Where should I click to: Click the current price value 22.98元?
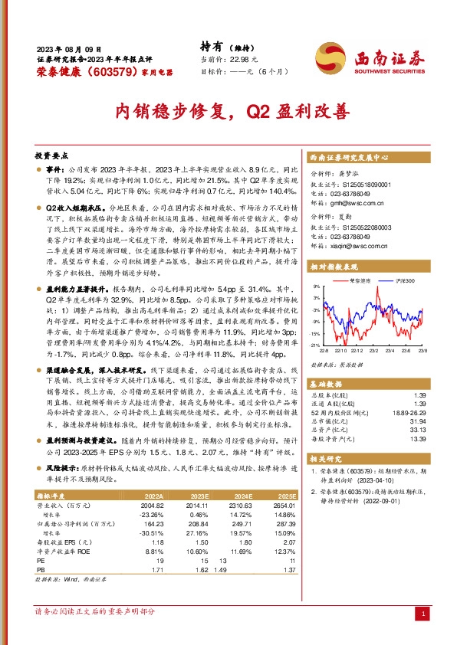[x=238, y=59]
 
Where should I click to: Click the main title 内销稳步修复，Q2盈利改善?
[x=228, y=112]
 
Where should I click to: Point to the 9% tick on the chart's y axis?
[x=314, y=286]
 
